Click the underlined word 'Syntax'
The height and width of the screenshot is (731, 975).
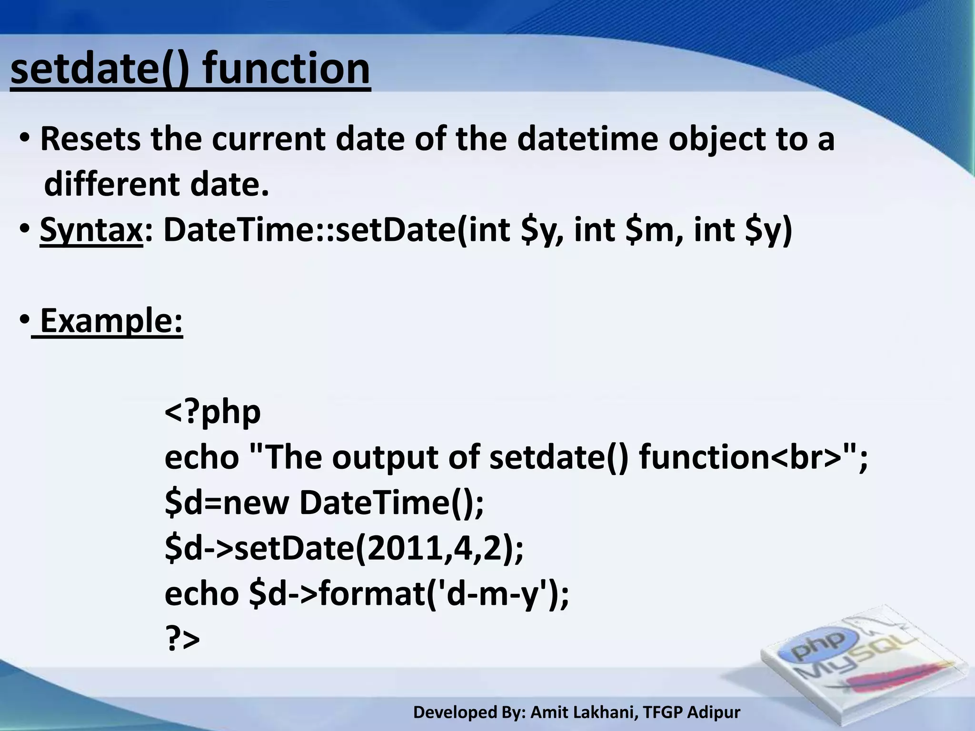click(x=91, y=230)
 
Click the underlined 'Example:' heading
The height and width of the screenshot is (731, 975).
click(x=111, y=321)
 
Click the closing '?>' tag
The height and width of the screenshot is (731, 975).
click(x=182, y=639)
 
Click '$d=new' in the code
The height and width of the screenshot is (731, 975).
click(x=227, y=503)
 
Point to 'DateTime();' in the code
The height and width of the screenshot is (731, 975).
click(x=391, y=503)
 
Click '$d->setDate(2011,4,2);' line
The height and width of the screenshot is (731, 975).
click(x=344, y=548)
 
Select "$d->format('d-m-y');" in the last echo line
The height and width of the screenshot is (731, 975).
click(x=409, y=594)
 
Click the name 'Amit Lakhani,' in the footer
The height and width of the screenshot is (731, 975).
click(x=585, y=712)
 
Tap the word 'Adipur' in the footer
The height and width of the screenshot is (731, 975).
click(x=714, y=712)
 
